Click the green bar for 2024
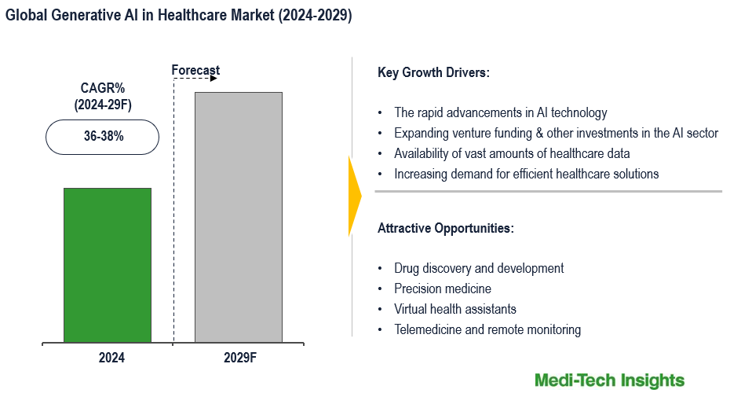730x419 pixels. pos(108,265)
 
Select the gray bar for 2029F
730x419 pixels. pos(239,217)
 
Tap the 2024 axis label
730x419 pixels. pos(111,358)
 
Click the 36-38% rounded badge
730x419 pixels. pos(103,136)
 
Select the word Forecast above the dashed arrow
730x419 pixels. pos(195,71)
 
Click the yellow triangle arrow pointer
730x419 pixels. pos(355,195)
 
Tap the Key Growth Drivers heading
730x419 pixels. pos(433,73)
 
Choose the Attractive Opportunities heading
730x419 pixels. pos(446,229)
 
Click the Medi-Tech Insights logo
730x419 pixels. pos(609,380)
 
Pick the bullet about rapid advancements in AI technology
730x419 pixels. pos(500,113)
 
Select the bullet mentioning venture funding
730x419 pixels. pos(556,134)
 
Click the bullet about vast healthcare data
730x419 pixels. pos(512,154)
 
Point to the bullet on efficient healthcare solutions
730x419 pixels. pos(526,174)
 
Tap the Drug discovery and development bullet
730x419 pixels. pos(479,269)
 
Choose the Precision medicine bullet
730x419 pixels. pos(443,289)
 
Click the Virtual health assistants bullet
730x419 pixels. pos(455,310)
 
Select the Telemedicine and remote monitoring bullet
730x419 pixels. pos(487,330)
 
